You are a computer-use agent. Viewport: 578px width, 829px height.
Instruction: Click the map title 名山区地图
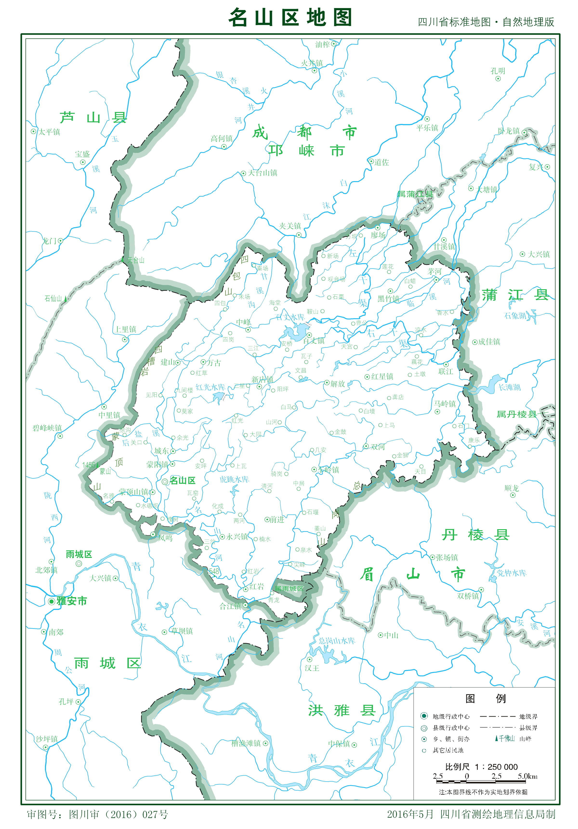(290, 17)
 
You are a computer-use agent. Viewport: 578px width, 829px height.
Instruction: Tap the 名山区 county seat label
(183, 481)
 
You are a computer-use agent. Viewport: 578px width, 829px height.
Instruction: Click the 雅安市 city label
(72, 601)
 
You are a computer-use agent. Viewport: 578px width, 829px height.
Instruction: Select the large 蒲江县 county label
(515, 295)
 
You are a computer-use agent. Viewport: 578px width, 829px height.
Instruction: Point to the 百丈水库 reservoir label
(290, 317)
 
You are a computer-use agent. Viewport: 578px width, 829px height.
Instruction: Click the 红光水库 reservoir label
(210, 387)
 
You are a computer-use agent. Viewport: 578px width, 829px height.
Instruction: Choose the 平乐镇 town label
(427, 127)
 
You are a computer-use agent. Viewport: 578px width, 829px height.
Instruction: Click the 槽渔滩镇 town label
(246, 743)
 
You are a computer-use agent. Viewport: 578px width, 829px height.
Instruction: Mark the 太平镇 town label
(50, 132)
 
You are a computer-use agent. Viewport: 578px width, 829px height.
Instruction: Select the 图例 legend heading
(485, 698)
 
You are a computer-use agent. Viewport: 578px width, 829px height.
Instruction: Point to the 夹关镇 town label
(290, 226)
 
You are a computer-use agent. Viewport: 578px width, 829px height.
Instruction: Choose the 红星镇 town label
(382, 377)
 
